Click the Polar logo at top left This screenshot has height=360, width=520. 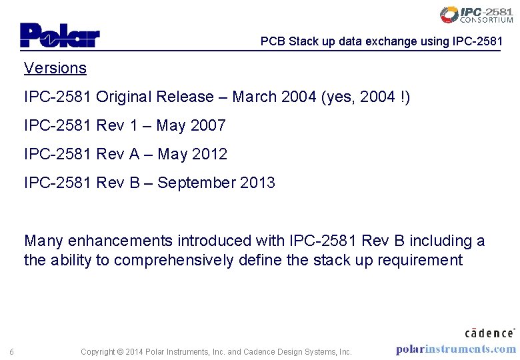(59, 35)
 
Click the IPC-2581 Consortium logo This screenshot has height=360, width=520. (476, 15)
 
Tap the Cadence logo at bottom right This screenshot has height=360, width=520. (489, 332)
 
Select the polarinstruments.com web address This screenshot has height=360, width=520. (455, 349)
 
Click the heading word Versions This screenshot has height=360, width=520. (55, 68)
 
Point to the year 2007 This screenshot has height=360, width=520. (208, 125)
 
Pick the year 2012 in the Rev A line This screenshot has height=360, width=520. (209, 154)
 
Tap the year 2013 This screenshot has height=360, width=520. (257, 183)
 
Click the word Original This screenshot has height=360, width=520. (123, 97)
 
